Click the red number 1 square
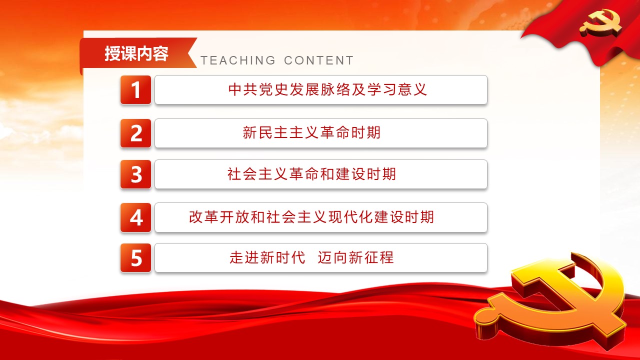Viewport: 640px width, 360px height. [x=135, y=89]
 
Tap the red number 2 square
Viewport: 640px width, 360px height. [x=135, y=133]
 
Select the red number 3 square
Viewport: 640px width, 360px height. [x=135, y=174]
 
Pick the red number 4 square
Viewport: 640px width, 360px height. [x=135, y=217]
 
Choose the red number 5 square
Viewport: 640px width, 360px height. [x=135, y=257]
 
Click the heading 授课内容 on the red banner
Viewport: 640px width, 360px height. [x=136, y=53]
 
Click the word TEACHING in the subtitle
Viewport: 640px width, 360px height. [x=238, y=60]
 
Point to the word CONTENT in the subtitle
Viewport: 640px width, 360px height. [x=319, y=60]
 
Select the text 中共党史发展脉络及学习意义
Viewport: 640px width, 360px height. [x=327, y=89]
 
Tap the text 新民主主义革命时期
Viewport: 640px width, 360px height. [x=311, y=133]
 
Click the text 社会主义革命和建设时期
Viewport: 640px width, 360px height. [x=311, y=174]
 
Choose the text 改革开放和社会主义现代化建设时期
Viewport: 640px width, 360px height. [x=311, y=217]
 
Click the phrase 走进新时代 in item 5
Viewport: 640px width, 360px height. [x=267, y=257]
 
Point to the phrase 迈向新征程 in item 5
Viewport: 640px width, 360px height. [x=355, y=257]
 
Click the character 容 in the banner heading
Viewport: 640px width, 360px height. [x=160, y=53]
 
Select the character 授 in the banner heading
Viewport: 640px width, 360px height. [x=112, y=53]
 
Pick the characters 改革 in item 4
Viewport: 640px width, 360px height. [x=203, y=217]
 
